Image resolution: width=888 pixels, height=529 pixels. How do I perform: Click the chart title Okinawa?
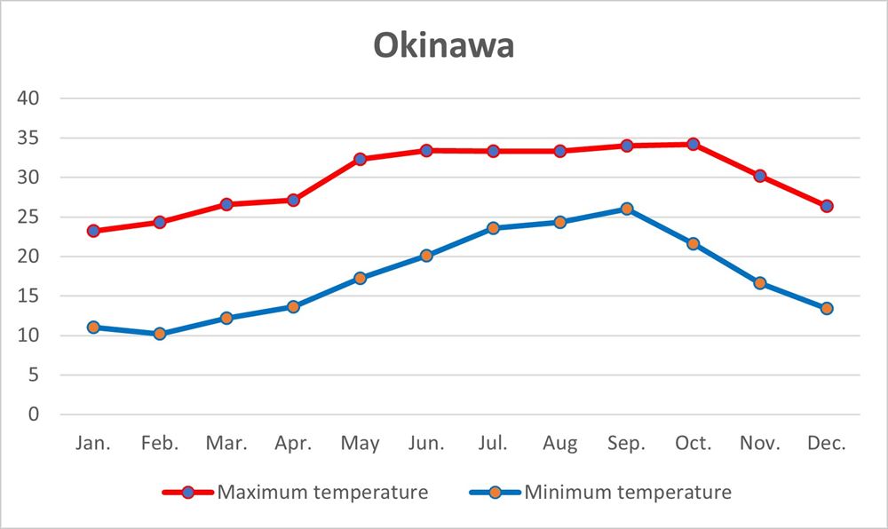click(x=443, y=46)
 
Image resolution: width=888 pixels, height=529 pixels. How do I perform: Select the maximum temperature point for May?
click(x=360, y=159)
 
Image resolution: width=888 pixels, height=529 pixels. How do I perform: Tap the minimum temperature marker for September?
click(x=627, y=209)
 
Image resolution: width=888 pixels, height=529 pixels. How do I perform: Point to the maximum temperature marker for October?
click(x=693, y=144)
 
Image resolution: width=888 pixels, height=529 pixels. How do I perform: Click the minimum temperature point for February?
click(x=160, y=334)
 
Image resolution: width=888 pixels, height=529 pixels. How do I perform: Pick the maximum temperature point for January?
click(x=93, y=231)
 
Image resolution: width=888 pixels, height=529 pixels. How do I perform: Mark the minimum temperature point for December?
click(x=827, y=308)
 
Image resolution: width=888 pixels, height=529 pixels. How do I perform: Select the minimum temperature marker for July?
click(x=494, y=228)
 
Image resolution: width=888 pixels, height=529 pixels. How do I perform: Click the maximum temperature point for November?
click(x=760, y=176)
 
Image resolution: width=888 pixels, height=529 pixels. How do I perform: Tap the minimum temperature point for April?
click(x=293, y=306)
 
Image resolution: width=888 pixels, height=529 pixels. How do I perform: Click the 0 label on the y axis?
click(x=34, y=415)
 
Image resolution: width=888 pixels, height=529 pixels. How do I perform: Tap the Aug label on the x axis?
click(x=559, y=443)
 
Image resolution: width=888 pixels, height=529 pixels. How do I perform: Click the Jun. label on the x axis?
click(x=426, y=443)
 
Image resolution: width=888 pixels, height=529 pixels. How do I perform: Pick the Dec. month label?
click(x=827, y=443)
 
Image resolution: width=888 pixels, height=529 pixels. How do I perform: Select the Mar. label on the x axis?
click(x=226, y=443)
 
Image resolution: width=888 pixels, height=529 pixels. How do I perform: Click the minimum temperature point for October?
click(x=693, y=243)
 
